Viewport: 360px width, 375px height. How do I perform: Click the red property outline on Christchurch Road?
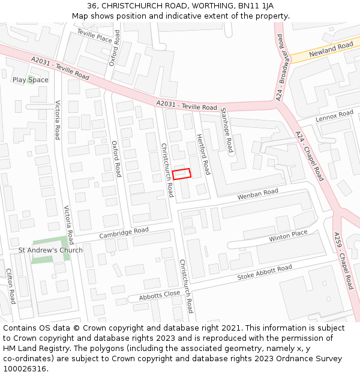point(182,173)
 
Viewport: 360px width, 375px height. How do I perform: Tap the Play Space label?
point(31,80)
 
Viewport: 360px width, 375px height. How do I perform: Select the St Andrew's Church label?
point(50,250)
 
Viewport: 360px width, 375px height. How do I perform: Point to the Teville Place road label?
point(94,37)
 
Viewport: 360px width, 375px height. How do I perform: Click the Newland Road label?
point(331,50)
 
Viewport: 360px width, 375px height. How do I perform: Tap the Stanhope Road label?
point(226,130)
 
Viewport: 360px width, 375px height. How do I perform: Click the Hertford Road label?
point(204,154)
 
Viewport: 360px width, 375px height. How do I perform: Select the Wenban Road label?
point(258,194)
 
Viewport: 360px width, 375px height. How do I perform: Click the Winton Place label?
point(288,236)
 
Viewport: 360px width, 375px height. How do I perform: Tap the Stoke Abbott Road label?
point(265,272)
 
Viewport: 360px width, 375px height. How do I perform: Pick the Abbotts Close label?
point(160,296)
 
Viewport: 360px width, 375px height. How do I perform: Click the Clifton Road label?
point(10,286)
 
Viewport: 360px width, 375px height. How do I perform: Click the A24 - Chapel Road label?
point(310,157)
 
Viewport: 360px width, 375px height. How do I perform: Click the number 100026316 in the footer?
point(25,369)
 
